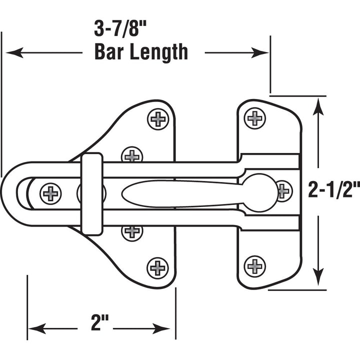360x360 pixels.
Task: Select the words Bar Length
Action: [x=141, y=52]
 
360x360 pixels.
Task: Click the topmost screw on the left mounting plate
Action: [x=158, y=119]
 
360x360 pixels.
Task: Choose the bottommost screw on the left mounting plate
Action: [x=158, y=267]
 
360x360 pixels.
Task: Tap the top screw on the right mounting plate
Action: [x=254, y=118]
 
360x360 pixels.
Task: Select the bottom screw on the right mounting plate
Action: [x=255, y=265]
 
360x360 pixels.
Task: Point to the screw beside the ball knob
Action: [x=284, y=190]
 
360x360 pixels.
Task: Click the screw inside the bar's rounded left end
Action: [x=50, y=192]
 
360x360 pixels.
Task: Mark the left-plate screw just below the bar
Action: [x=132, y=231]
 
